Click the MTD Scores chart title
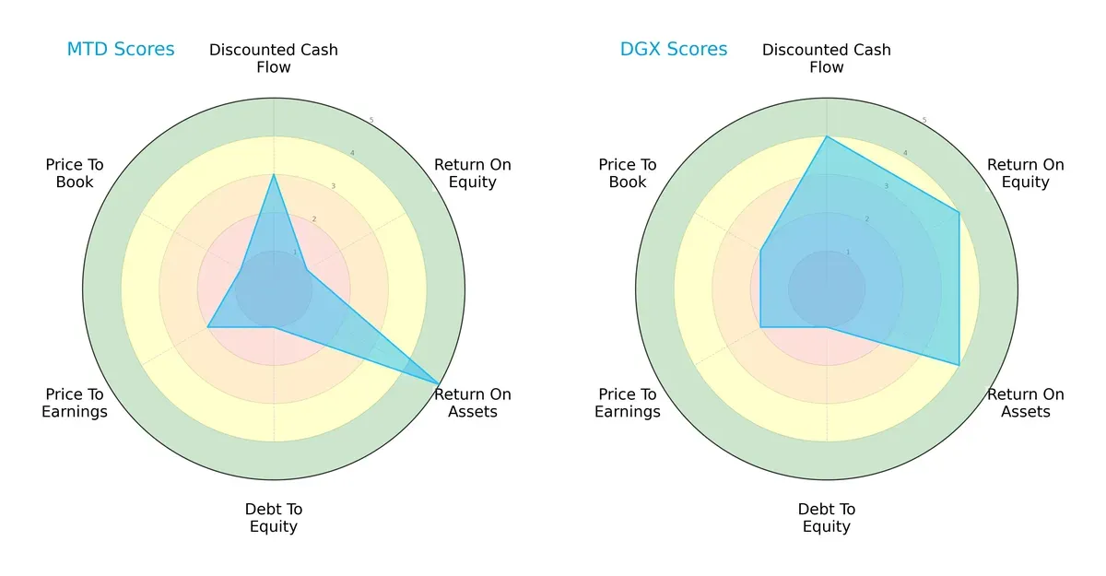(120, 49)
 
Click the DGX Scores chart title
(673, 49)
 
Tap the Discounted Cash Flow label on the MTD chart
(274, 58)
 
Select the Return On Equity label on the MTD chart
(473, 173)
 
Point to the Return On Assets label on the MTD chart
(473, 403)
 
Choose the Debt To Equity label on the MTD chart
(274, 518)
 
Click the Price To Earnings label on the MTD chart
(75, 403)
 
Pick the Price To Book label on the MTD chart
(75, 173)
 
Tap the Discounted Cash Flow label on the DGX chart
(827, 58)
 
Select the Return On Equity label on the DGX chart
(1026, 173)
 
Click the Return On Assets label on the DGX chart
(1026, 403)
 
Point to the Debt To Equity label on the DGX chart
(827, 518)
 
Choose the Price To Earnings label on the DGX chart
(628, 403)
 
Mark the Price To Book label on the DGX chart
(628, 173)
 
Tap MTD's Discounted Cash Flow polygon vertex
(274, 174)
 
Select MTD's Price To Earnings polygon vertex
(207, 327)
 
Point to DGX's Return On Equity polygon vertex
(959, 213)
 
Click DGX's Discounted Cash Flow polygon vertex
(827, 136)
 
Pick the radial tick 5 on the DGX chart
(924, 120)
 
